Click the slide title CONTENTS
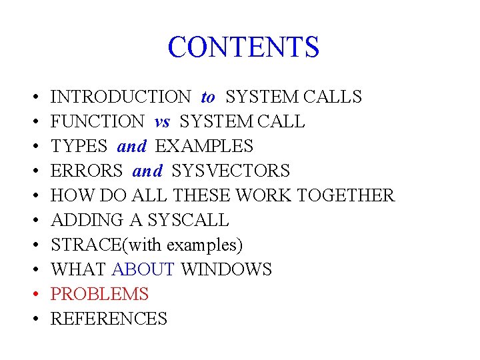click(243, 47)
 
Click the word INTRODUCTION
click(121, 97)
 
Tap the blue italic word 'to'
click(208, 97)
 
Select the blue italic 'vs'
click(162, 122)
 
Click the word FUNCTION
click(97, 122)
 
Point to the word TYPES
click(79, 147)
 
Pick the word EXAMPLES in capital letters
click(204, 147)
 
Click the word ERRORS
click(87, 171)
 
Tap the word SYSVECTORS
click(231, 171)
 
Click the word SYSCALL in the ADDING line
click(188, 221)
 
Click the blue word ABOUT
click(143, 270)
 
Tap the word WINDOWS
click(227, 270)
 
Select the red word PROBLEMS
click(99, 295)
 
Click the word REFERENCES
click(109, 319)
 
